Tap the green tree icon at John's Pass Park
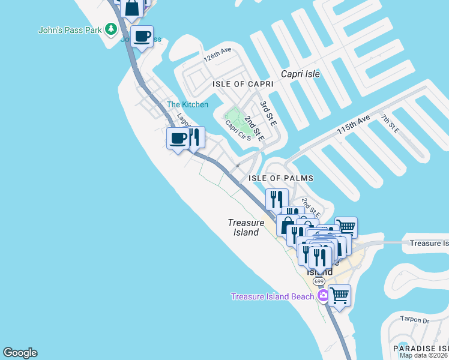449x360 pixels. pyautogui.click(x=110, y=29)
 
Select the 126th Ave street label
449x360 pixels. pyautogui.click(x=217, y=56)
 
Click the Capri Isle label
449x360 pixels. pyautogui.click(x=301, y=74)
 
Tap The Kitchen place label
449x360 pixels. pyautogui.click(x=187, y=104)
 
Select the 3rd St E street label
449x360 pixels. pyautogui.click(x=268, y=113)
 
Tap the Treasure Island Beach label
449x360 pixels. pyautogui.click(x=273, y=296)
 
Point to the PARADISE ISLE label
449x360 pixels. pyautogui.click(x=421, y=348)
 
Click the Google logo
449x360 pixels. pyautogui.click(x=20, y=353)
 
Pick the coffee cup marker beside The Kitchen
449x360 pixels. pyautogui.click(x=178, y=139)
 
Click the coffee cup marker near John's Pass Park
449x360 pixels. pyautogui.click(x=142, y=37)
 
